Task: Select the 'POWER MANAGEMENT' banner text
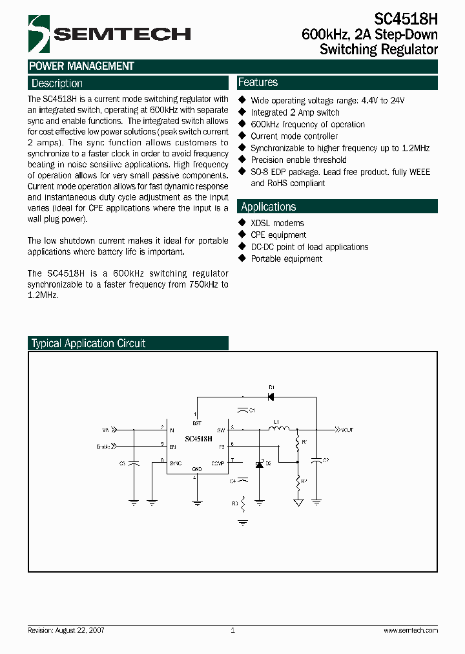click(x=81, y=66)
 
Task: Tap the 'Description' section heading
click(x=57, y=83)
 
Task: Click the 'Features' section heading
click(x=258, y=82)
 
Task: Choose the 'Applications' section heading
click(x=268, y=207)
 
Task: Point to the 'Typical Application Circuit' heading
click(x=88, y=343)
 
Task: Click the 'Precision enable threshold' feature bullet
click(x=298, y=160)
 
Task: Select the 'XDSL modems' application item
click(x=277, y=223)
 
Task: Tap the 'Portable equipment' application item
click(x=286, y=258)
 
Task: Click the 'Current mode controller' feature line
click(x=294, y=136)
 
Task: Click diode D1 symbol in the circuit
click(x=271, y=396)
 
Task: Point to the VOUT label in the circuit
click(x=347, y=429)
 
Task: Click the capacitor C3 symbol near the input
click(x=134, y=463)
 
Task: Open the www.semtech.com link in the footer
click(x=411, y=630)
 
